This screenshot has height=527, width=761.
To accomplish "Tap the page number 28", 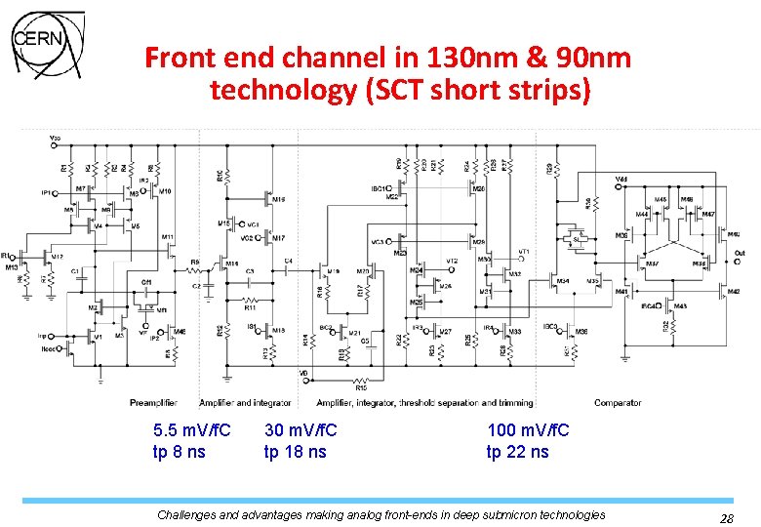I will click(726, 517).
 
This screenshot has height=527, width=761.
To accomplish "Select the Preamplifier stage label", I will click(154, 402).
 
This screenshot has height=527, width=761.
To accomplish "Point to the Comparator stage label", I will click(618, 402).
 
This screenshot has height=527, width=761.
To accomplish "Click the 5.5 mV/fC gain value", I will click(192, 430).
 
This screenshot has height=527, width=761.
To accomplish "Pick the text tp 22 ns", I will click(517, 452).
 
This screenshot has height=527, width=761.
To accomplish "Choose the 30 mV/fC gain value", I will click(300, 430).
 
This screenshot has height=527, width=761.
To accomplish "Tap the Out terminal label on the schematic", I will click(739, 253).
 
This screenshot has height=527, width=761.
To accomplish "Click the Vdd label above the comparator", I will click(621, 179).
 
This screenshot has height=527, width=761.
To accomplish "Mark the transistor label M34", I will click(563, 281).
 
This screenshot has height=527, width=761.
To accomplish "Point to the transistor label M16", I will click(279, 200).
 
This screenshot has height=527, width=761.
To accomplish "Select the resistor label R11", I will click(250, 306).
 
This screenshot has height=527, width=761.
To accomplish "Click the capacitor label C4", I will click(288, 261).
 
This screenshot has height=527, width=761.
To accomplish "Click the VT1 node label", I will click(523, 252).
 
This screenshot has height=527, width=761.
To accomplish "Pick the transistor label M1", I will click(98, 337).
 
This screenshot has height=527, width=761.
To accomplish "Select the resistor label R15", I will click(361, 387).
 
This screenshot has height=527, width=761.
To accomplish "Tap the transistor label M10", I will click(165, 191).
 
